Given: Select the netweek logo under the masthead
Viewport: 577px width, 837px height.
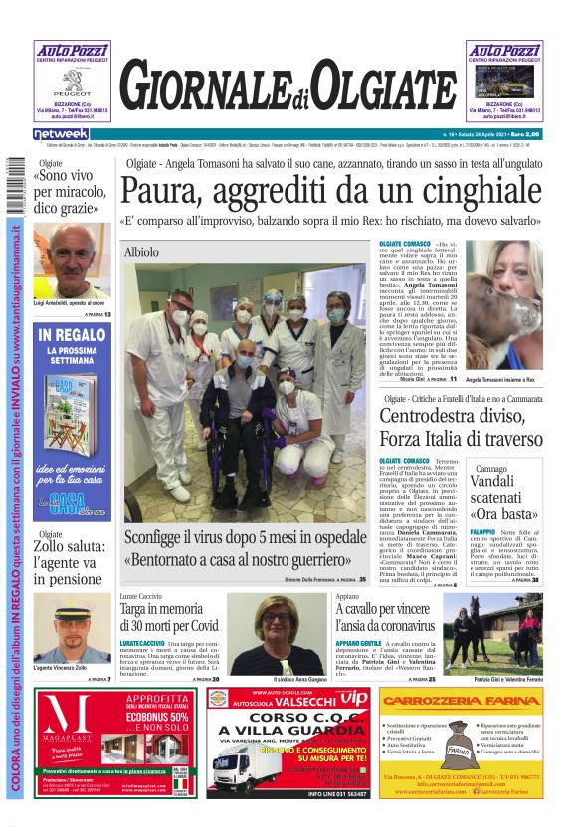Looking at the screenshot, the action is pyautogui.click(x=61, y=133).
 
